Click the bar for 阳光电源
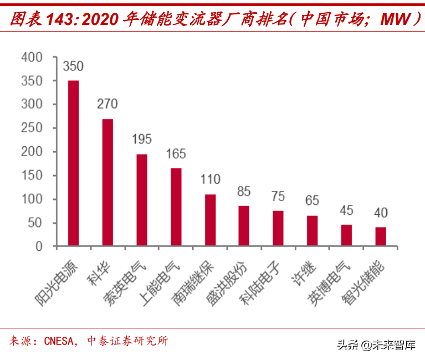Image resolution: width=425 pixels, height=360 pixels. [x=73, y=163]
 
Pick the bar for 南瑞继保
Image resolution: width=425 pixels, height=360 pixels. [x=210, y=220]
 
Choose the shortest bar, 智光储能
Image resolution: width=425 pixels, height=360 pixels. [x=381, y=236]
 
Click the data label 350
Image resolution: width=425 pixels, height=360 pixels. [x=73, y=66]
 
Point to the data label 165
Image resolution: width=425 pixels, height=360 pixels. [x=176, y=154]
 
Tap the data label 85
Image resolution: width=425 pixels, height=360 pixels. [x=244, y=192]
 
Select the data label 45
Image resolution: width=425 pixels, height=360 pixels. [x=346, y=211]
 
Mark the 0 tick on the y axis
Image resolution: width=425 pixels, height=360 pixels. [x=39, y=246]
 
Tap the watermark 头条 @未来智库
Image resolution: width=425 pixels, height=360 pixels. [x=376, y=345]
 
